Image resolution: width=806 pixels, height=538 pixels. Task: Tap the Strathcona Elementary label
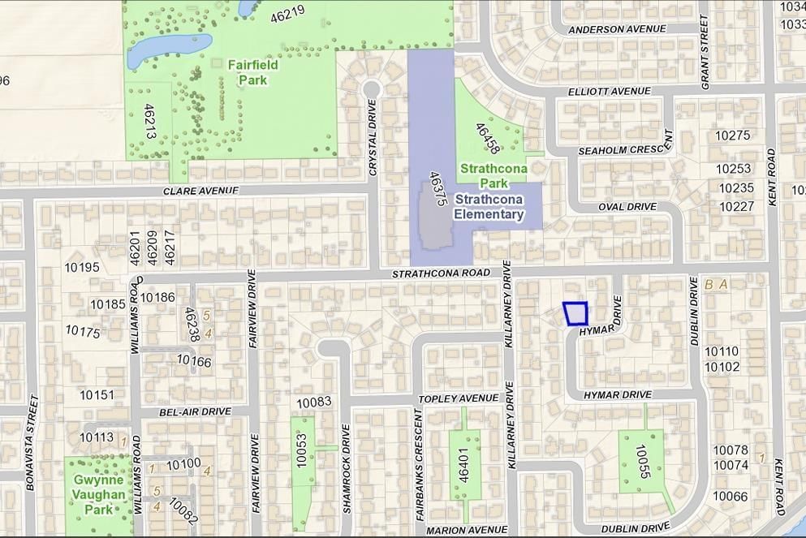tap(488, 207)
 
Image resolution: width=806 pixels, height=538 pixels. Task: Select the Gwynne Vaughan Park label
tap(98, 494)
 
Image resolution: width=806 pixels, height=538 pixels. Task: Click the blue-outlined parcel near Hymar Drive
tap(575, 313)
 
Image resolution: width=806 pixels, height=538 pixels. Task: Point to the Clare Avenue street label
tap(200, 191)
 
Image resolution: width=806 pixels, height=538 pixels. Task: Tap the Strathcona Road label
tap(441, 274)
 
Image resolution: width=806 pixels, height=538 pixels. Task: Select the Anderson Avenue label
tap(617, 30)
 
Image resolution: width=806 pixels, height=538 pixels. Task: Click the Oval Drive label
tap(627, 207)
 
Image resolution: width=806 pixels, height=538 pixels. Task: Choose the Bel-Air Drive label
tap(195, 412)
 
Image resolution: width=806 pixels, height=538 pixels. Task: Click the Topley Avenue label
tap(458, 399)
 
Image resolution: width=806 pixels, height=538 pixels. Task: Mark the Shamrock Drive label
tap(347, 480)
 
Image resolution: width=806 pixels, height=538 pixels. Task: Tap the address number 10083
tap(314, 402)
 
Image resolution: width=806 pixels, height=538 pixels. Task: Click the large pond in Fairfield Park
tap(169, 49)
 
